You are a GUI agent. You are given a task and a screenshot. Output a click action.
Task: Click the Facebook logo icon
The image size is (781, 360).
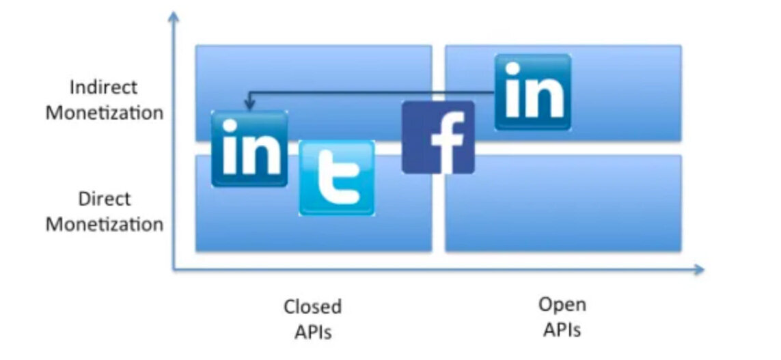438,137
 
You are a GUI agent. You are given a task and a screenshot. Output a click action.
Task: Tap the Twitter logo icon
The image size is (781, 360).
337,178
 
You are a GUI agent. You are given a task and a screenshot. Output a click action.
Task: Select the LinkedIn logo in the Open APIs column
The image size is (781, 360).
533,92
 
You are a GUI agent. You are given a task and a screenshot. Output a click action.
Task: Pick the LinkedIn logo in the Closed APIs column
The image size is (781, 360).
249,149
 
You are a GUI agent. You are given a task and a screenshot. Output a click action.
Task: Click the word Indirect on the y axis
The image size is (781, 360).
104,87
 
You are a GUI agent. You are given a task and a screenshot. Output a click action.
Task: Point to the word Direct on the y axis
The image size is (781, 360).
104,199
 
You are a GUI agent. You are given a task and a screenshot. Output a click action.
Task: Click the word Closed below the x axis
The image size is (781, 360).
312,307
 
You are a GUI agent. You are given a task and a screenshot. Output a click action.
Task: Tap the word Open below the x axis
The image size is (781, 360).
562,304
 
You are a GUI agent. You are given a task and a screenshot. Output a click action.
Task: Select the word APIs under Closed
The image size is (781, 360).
312,332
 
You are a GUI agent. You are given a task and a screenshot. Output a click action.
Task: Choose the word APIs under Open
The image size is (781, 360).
562,329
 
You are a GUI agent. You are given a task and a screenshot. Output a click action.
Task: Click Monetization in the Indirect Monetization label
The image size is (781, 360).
104,113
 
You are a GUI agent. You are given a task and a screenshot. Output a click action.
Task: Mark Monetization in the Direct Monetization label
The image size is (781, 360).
104,224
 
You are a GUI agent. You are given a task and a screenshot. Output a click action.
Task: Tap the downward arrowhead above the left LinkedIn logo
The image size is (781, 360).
249,106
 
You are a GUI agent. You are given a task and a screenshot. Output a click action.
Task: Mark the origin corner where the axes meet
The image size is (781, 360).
174,270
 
